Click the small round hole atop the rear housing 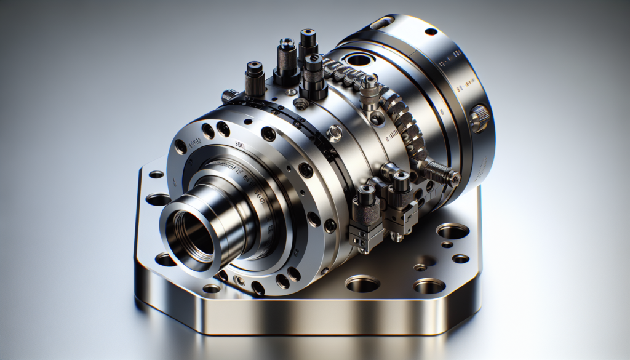pyautogui.click(x=431, y=31)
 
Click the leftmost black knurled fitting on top pyautogui.click(x=254, y=78)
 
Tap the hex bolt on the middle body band pyautogui.click(x=334, y=130)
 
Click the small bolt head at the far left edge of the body pyautogui.click(x=228, y=95)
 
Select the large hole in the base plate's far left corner pyautogui.click(x=159, y=199)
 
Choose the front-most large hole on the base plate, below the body pyautogui.click(x=362, y=284)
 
